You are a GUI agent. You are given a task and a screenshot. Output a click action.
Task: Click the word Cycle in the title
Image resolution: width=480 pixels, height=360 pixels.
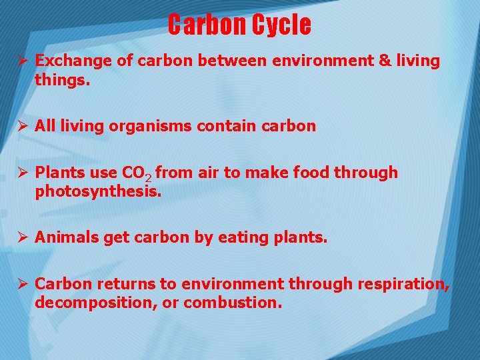(x=281, y=25)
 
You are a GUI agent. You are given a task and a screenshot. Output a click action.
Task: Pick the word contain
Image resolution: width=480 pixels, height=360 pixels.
(x=224, y=126)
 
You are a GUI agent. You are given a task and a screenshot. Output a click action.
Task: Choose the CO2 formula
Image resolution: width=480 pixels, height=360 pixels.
(x=137, y=174)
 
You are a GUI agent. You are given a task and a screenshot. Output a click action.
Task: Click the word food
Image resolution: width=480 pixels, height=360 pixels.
(x=308, y=173)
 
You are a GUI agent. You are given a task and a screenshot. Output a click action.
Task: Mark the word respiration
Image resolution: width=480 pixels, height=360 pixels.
(x=403, y=284)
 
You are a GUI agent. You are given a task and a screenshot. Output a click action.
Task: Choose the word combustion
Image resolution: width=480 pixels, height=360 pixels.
(x=233, y=303)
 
